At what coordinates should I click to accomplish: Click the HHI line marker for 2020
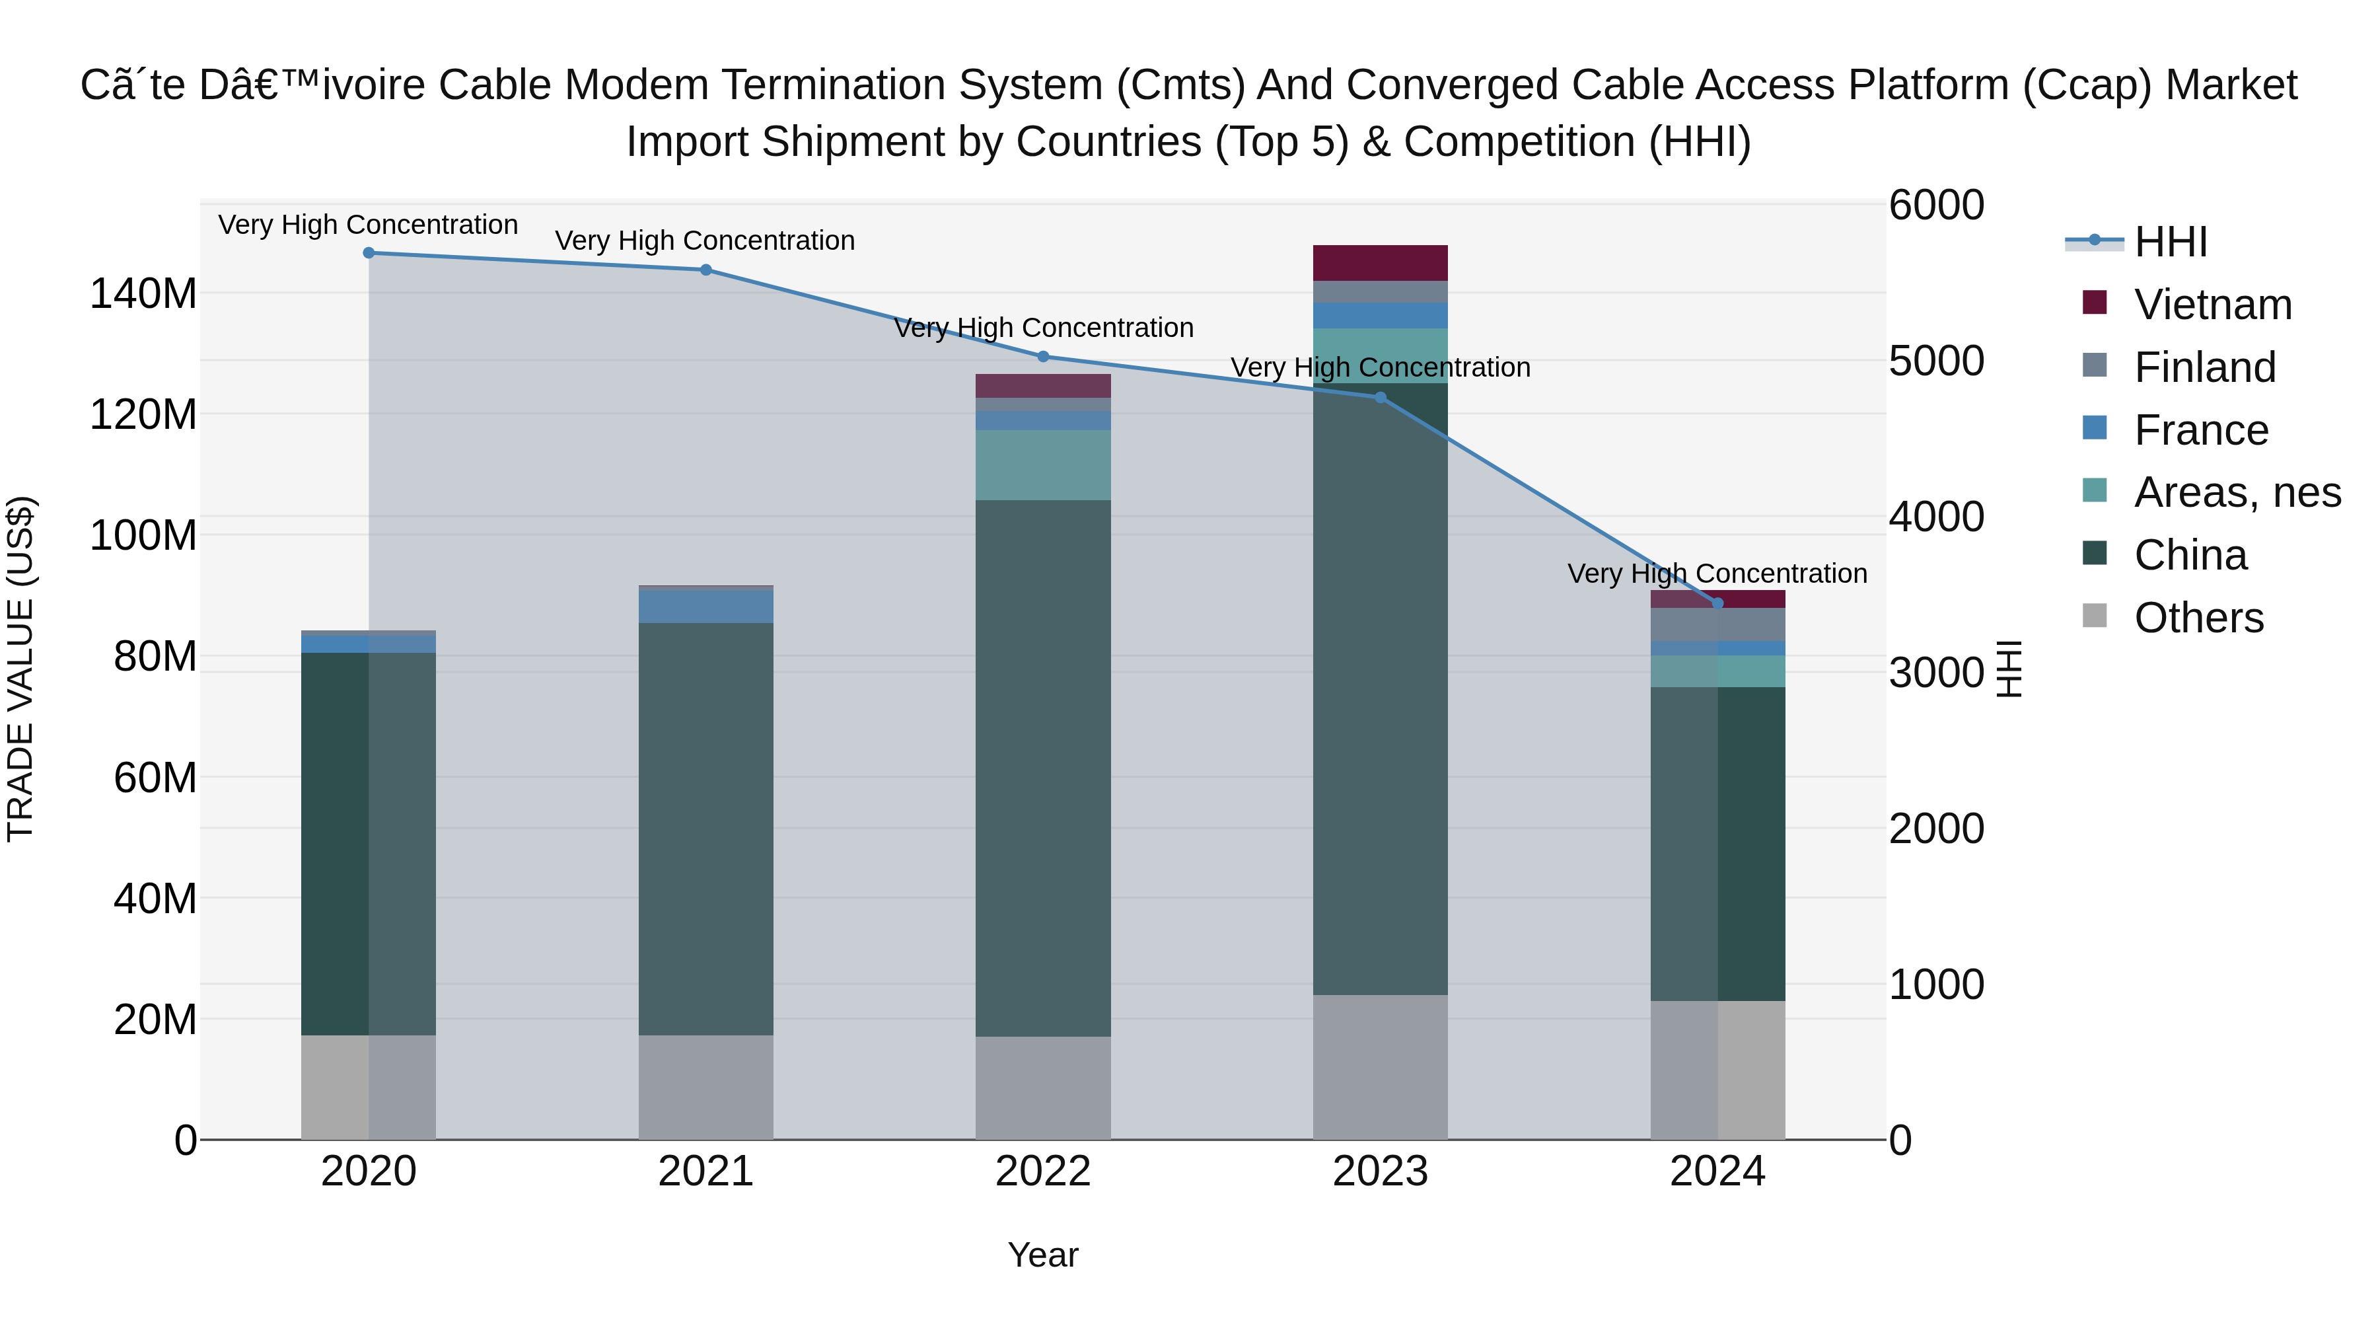click(369, 253)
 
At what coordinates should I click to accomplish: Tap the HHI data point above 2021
click(705, 270)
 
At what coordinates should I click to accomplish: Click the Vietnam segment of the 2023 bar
click(1379, 263)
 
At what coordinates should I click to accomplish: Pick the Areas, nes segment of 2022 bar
click(1042, 465)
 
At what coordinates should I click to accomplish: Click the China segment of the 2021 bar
click(705, 829)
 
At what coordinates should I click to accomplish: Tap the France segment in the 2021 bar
click(705, 607)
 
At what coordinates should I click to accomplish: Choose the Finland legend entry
click(2204, 367)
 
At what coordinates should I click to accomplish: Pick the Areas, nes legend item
click(2236, 492)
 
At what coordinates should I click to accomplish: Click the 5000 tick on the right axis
click(1936, 361)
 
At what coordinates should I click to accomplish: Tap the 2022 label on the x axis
click(1042, 1171)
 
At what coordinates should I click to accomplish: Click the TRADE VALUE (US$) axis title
click(20, 669)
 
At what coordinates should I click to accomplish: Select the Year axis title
click(1042, 1255)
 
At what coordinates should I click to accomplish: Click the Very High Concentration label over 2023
click(1379, 367)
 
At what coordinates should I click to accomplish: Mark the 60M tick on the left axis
click(155, 778)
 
